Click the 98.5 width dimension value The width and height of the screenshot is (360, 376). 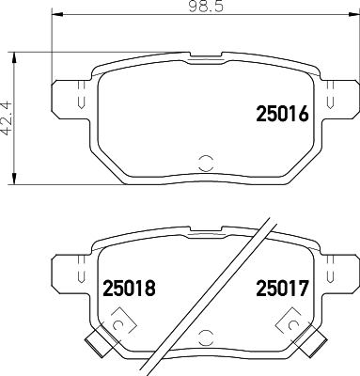[206, 6]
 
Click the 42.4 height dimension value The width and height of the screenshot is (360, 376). [7, 117]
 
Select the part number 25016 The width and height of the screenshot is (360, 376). [283, 114]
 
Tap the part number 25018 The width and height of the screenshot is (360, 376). [129, 288]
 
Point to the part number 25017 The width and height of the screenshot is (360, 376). [283, 288]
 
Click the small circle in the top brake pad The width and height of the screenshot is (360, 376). [206, 163]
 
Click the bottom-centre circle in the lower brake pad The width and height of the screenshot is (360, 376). [206, 337]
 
